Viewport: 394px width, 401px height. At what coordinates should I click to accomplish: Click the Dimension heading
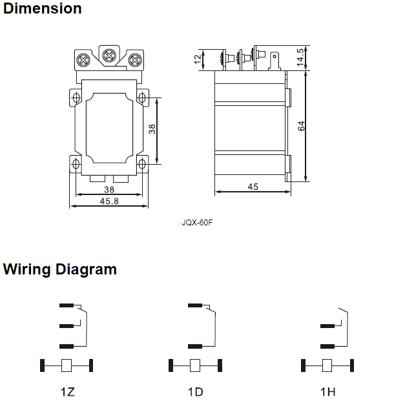point(43,9)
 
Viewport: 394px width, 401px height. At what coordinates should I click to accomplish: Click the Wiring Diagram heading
point(60,269)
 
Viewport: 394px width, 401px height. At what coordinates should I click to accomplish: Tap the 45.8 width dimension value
point(109,200)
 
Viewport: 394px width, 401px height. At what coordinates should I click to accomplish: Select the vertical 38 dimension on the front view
point(152,129)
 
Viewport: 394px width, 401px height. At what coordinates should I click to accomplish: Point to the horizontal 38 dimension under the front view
point(109,190)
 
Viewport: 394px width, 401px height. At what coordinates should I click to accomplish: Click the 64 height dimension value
point(302,126)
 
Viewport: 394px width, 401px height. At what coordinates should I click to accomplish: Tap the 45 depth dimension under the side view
point(253,187)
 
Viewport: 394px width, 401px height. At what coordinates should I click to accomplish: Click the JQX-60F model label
point(197,223)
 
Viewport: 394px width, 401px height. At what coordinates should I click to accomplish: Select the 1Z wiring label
point(68,392)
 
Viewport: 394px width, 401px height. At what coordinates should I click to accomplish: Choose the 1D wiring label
point(195,392)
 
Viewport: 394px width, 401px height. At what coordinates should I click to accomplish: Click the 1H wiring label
point(327,392)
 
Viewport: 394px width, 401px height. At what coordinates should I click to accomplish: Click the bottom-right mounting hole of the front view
point(143,162)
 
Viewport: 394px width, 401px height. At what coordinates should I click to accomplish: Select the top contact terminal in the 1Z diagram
point(66,305)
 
